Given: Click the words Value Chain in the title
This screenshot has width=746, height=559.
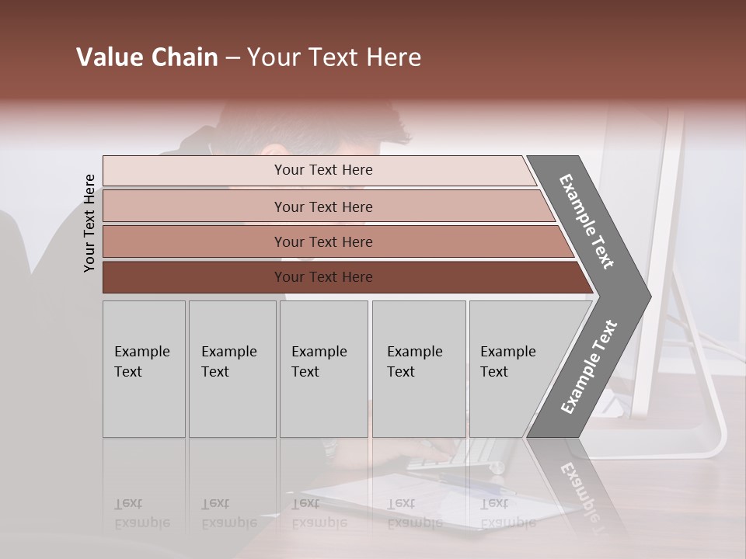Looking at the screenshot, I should tap(147, 57).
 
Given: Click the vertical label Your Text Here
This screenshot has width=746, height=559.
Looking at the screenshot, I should tap(89, 224).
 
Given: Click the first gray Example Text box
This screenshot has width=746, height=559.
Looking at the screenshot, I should tap(144, 369).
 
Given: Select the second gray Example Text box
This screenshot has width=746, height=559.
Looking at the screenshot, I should tap(232, 369).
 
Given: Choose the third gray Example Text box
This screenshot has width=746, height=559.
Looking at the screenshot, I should tap(323, 369).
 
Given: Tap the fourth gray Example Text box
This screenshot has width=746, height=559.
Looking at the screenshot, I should tap(419, 369).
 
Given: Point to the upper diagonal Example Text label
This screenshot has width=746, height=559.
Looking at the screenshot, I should tap(587, 222).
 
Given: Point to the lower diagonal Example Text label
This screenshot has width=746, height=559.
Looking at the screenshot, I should tap(588, 367).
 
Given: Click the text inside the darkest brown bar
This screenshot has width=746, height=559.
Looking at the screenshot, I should tap(323, 277).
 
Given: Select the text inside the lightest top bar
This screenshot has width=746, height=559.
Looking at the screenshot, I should tap(323, 170).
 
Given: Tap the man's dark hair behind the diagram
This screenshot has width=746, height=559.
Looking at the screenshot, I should tap(311, 124).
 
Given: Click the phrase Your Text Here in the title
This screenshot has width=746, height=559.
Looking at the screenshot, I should tap(334, 57).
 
